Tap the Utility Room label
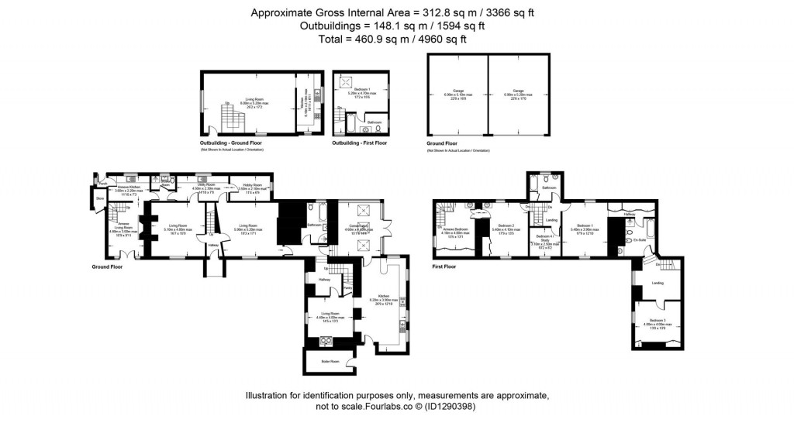[206, 186]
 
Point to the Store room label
[99, 199]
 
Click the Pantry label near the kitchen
[348, 287]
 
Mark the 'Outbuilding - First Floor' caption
[359, 143]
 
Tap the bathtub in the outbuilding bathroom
[346, 122]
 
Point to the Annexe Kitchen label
[127, 187]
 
